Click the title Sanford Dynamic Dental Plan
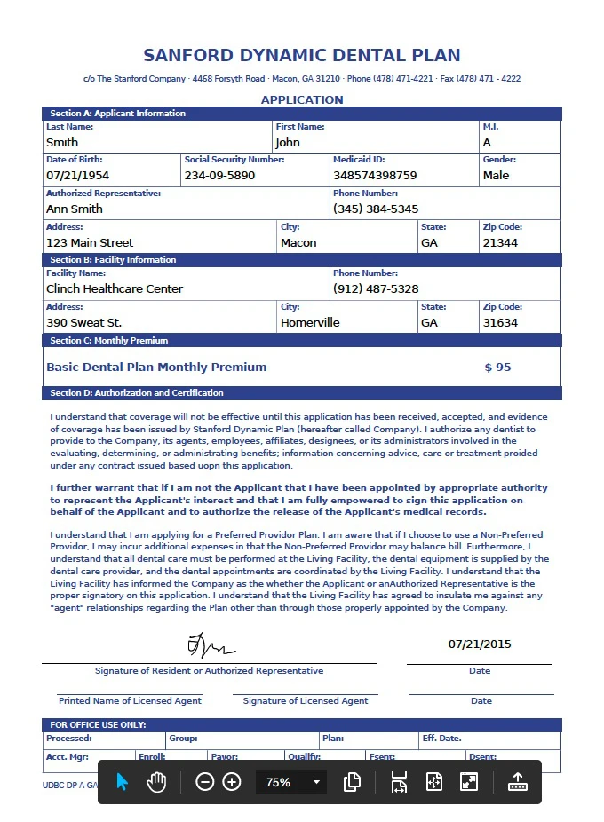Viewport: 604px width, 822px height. [x=302, y=55]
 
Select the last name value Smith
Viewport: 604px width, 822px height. [x=62, y=142]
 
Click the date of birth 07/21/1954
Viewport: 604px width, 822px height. [x=77, y=176]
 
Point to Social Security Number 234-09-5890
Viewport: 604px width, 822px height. [x=219, y=176]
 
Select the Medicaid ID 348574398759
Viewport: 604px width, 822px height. [x=375, y=176]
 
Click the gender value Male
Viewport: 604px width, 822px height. [x=496, y=176]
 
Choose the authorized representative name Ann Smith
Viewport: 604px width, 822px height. [x=75, y=209]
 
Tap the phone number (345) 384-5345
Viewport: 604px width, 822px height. [x=376, y=209]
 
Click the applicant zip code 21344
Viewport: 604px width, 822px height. [x=500, y=243]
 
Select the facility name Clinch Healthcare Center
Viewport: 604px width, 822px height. [x=115, y=289]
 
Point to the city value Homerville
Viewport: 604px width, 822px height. [x=310, y=323]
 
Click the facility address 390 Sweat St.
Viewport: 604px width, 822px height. [x=84, y=323]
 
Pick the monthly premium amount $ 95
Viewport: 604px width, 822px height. [x=497, y=368]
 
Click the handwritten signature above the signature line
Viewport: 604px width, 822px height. [x=211, y=645]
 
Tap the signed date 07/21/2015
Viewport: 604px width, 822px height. [x=480, y=644]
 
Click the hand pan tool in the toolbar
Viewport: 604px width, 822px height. [x=157, y=782]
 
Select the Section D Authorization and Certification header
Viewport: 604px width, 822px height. [x=137, y=393]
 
